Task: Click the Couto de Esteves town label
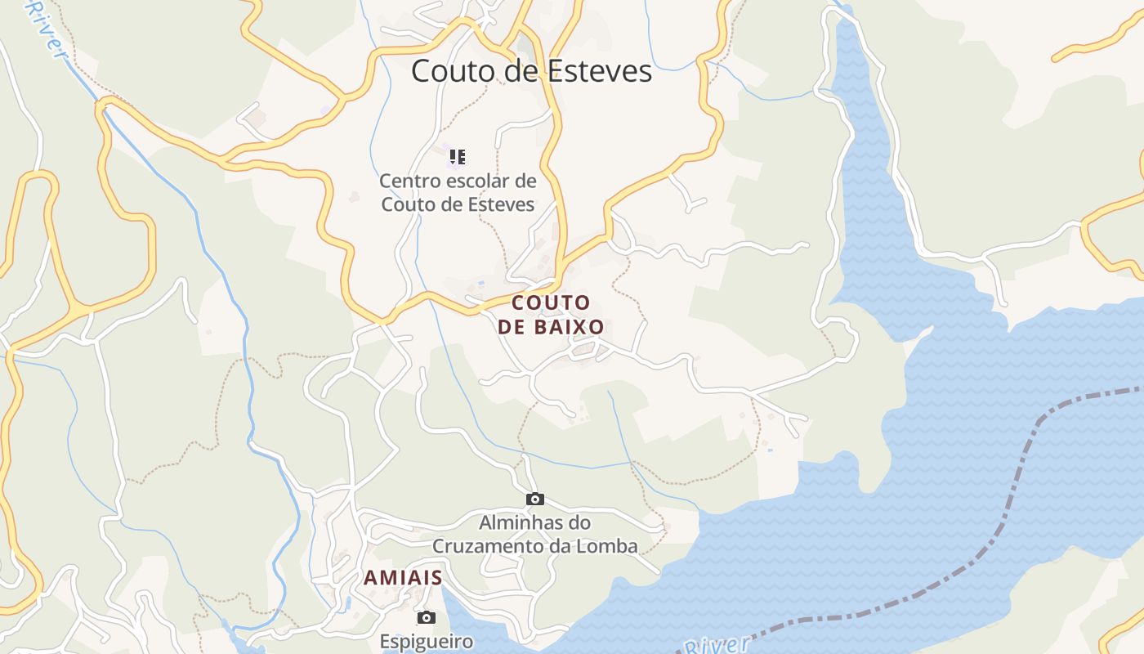531,71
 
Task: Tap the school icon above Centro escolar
457,156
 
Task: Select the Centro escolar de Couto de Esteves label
458,192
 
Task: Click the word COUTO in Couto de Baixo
551,303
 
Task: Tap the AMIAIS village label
403,578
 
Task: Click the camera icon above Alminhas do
534,499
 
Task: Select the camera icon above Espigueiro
426,617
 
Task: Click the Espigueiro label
426,641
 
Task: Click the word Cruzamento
489,546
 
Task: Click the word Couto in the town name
450,71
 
